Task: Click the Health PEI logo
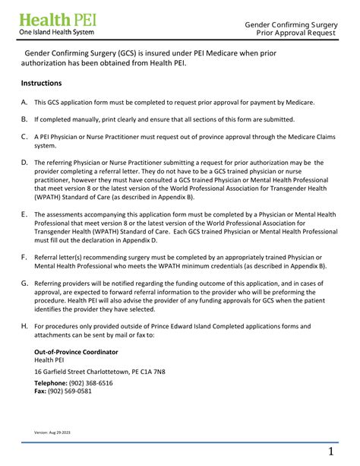tap(56, 24)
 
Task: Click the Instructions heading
tap(41, 83)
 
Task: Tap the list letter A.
tap(24, 102)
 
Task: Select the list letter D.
tap(24, 163)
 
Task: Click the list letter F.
tap(24, 258)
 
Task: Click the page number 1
tap(331, 452)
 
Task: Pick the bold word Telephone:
tap(51, 383)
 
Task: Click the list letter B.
tap(24, 119)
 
